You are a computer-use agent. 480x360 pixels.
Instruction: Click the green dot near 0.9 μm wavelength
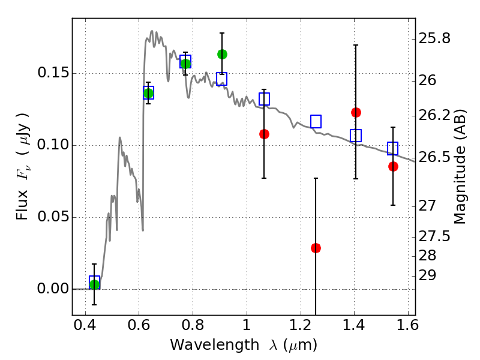[222, 54]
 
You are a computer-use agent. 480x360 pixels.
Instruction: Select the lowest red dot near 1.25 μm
[316, 248]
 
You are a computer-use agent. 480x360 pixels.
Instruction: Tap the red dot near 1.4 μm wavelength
[356, 112]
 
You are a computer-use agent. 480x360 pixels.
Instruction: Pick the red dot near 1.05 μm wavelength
[264, 134]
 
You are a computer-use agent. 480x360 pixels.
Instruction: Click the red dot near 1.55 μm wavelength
[393, 167]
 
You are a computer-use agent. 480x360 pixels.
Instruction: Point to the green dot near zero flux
[95, 284]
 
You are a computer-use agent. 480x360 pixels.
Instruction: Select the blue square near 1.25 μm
[316, 122]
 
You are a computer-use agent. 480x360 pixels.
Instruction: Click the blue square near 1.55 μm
[392, 148]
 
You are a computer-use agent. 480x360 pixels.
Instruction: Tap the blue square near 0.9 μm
[221, 79]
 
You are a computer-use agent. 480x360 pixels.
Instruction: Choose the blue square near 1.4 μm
[356, 136]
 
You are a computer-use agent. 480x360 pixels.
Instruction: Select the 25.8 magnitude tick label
[434, 39]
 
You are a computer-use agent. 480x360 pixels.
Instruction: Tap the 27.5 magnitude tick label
[434, 236]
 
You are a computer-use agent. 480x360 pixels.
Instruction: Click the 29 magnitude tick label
[427, 275]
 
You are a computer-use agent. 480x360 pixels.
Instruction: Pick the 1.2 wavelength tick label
[301, 325]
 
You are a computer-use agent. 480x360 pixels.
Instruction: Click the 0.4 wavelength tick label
[85, 325]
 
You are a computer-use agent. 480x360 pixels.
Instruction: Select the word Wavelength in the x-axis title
[215, 344]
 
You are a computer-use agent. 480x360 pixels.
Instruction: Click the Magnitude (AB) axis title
[460, 167]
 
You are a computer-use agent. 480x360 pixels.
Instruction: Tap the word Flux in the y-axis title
[22, 205]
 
